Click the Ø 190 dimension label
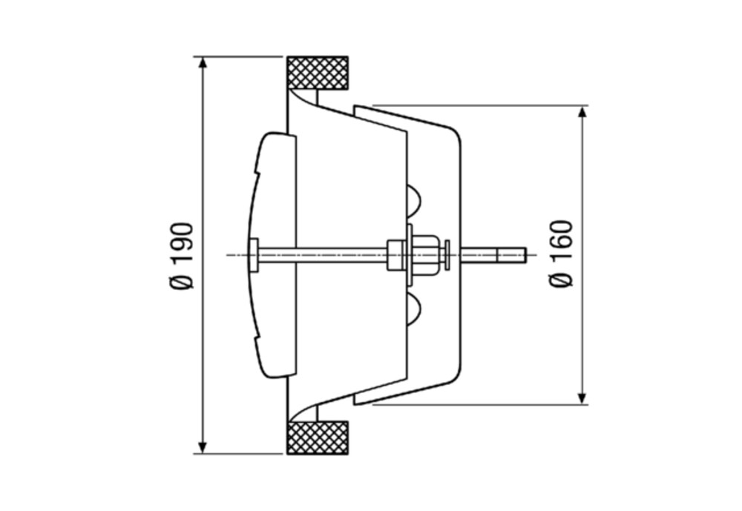[183, 255]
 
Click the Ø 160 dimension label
[562, 253]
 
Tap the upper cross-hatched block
[318, 73]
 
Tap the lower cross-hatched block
[318, 438]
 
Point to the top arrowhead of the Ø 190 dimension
[203, 63]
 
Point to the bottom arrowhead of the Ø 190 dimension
[203, 447]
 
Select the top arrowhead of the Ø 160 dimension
[582, 113]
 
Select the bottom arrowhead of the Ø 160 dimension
[582, 398]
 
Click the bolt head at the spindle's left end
[254, 255]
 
